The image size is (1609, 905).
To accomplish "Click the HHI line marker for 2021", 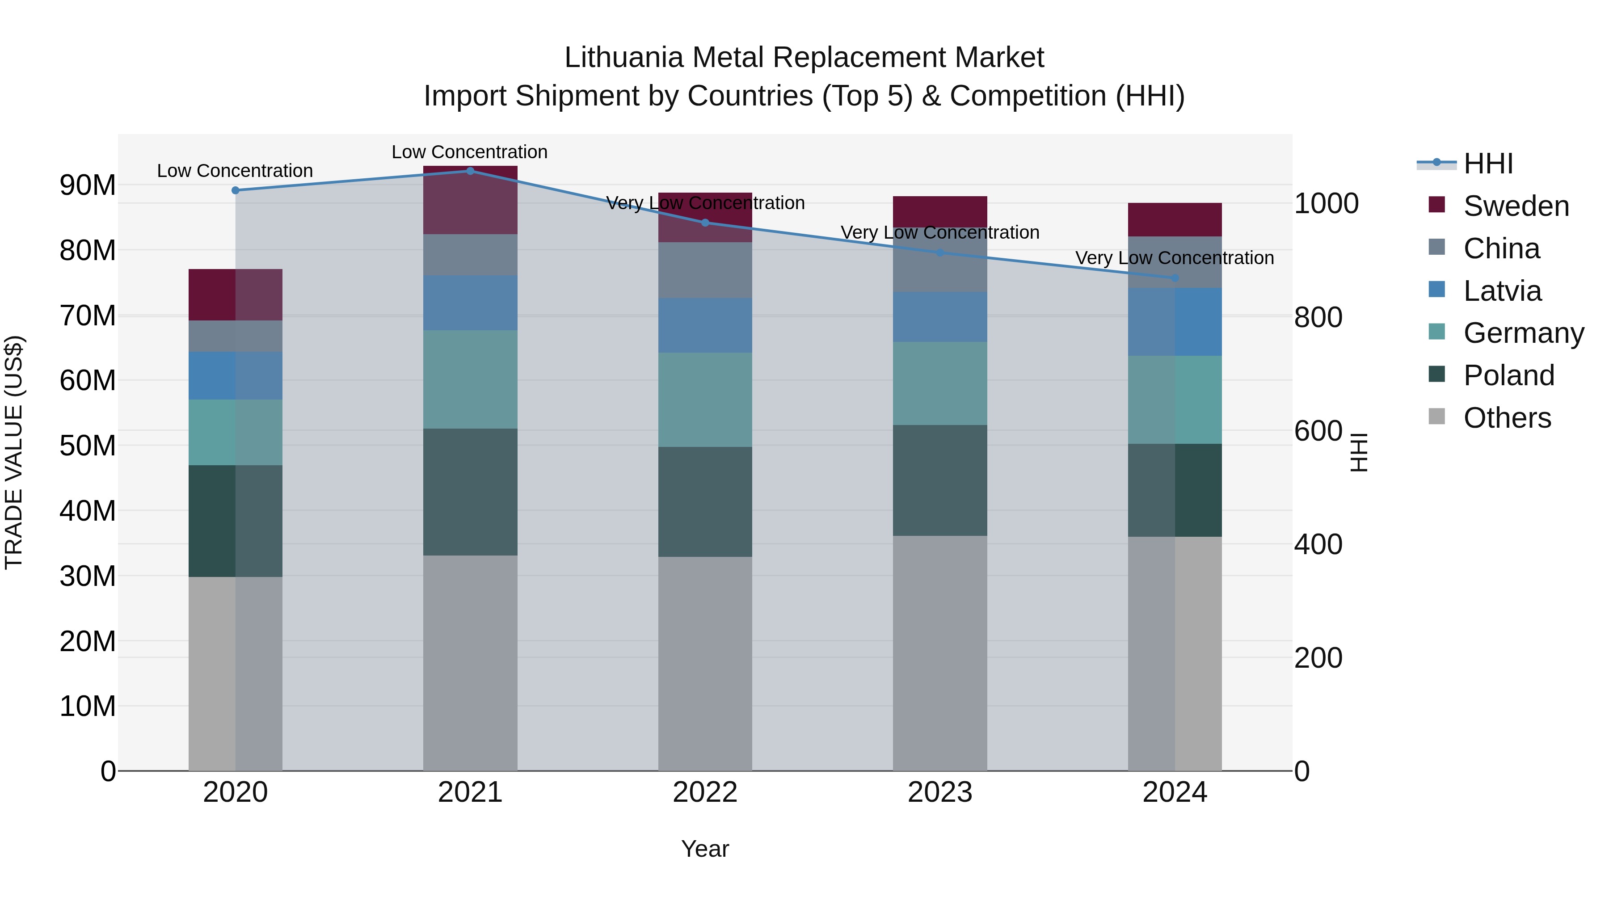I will pyautogui.click(x=470, y=171).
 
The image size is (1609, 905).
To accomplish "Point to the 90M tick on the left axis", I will pyautogui.click(x=88, y=185).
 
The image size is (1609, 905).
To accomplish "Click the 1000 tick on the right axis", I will pyautogui.click(x=1326, y=204).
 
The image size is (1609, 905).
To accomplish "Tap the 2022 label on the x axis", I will pyautogui.click(x=704, y=792).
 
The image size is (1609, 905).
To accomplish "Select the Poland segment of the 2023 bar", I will pyautogui.click(x=939, y=480).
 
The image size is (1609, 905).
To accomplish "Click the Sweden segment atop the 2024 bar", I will pyautogui.click(x=1174, y=219).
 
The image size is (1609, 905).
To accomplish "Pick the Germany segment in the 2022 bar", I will pyautogui.click(x=704, y=400).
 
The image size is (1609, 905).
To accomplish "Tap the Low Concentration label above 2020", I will pyautogui.click(x=235, y=171).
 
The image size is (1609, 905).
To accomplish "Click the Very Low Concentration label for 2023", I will pyautogui.click(x=939, y=232).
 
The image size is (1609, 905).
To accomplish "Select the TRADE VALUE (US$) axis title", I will pyautogui.click(x=14, y=452).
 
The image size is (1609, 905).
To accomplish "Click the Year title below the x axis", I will pyautogui.click(x=704, y=849).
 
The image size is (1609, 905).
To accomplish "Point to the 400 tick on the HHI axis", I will pyautogui.click(x=1318, y=545).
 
